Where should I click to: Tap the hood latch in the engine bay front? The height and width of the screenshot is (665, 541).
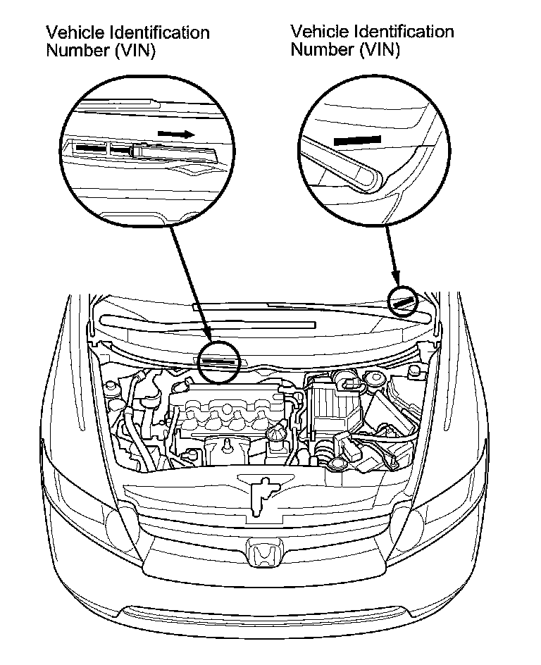261,493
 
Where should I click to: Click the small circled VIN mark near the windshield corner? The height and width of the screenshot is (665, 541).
404,302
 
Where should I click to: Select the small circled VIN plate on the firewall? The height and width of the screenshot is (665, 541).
220,361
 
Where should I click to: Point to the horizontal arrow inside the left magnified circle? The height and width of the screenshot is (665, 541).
175,133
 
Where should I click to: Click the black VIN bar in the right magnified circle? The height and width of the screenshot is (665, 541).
357,139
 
